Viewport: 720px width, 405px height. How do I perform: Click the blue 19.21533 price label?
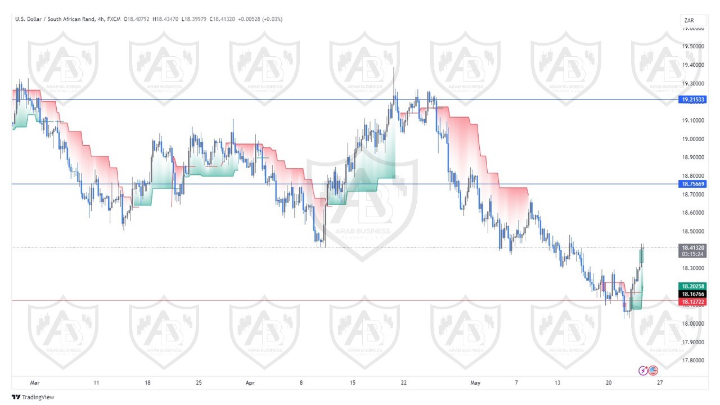click(x=692, y=100)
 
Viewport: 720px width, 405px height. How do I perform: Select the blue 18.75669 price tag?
click(x=692, y=184)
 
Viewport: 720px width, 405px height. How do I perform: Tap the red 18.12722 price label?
click(x=692, y=301)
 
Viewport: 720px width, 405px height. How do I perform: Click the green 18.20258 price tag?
click(x=692, y=286)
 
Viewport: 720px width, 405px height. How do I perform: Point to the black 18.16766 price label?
click(x=692, y=294)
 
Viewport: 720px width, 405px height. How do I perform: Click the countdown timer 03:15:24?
click(x=692, y=254)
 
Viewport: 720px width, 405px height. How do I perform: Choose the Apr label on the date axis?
click(x=250, y=383)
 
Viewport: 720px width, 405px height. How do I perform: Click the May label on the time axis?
click(x=475, y=383)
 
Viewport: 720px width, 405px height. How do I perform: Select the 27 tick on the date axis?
click(x=660, y=383)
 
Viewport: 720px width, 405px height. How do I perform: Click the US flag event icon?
click(x=652, y=370)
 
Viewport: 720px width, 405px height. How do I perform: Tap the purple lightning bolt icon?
click(x=643, y=370)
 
